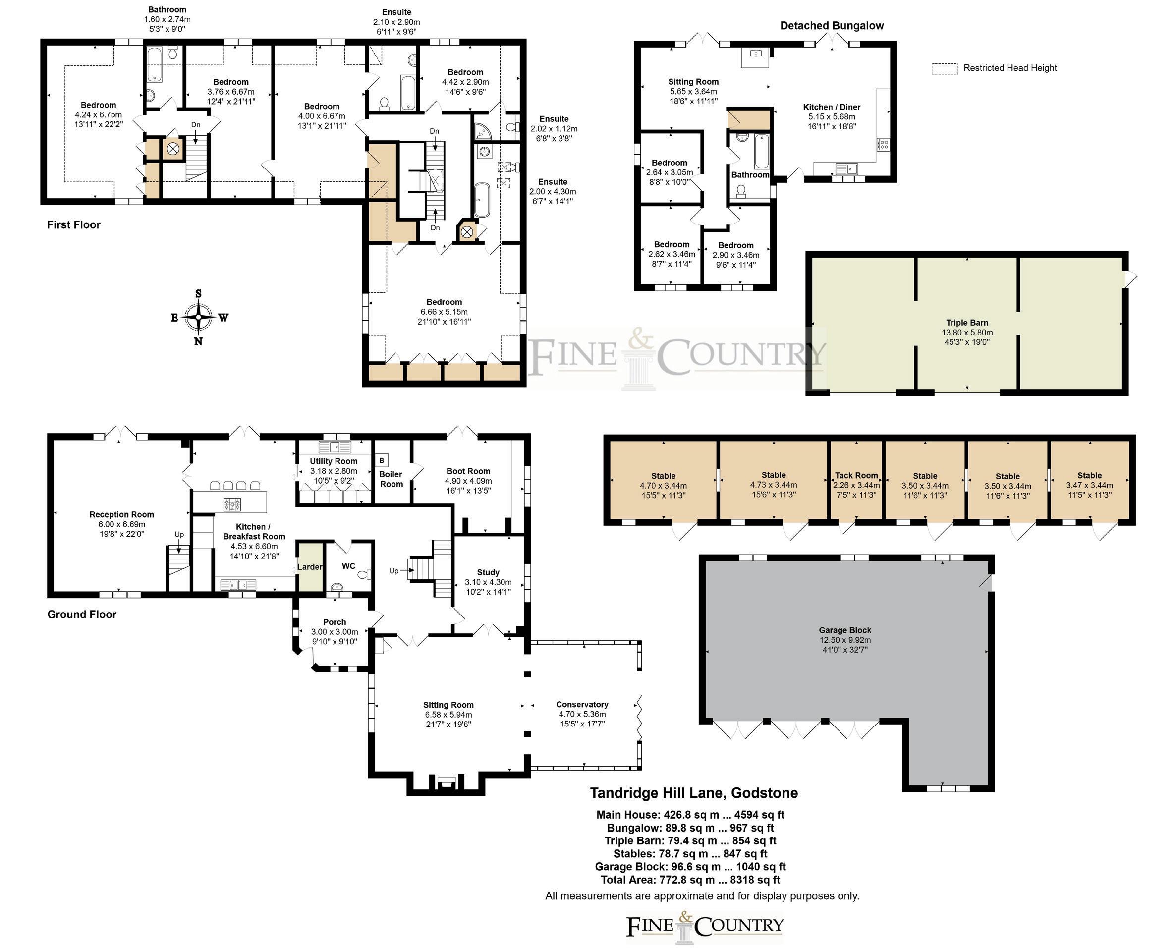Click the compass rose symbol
[198, 317]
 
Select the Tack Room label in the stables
[856, 476]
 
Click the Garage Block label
[845, 630]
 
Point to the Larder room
[310, 566]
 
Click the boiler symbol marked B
[382, 461]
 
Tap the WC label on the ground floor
[348, 566]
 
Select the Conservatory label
[582, 704]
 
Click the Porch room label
[335, 622]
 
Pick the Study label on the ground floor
[488, 572]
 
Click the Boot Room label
[468, 471]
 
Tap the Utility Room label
[334, 461]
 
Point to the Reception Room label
[121, 515]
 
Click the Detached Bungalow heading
[832, 26]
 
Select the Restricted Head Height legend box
[945, 69]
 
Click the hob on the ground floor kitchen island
[232, 504]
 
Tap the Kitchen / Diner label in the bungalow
[832, 107]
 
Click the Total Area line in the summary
[691, 880]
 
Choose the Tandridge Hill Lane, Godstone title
[694, 793]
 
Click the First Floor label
[74, 225]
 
